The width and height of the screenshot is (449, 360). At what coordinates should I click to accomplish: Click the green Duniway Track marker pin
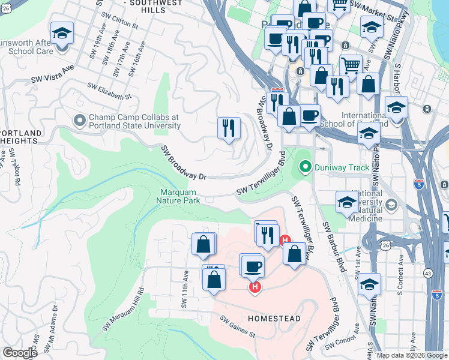pyautogui.click(x=306, y=167)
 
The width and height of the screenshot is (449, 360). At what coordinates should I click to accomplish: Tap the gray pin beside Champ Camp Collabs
pyautogui.click(x=79, y=121)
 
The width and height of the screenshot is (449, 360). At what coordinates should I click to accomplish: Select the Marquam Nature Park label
pyautogui.click(x=179, y=196)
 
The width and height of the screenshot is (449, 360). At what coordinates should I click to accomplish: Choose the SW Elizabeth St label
pyautogui.click(x=109, y=91)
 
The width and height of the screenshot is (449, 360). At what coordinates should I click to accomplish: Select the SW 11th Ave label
pyautogui.click(x=185, y=289)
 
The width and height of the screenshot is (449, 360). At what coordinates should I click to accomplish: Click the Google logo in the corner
pyautogui.click(x=20, y=353)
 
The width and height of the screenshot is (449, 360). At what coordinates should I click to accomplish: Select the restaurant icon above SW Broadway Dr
pyautogui.click(x=229, y=129)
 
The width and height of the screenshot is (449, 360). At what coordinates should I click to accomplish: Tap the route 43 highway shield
pyautogui.click(x=429, y=272)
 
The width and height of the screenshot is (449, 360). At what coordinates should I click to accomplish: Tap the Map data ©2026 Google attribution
pyautogui.click(x=411, y=355)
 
